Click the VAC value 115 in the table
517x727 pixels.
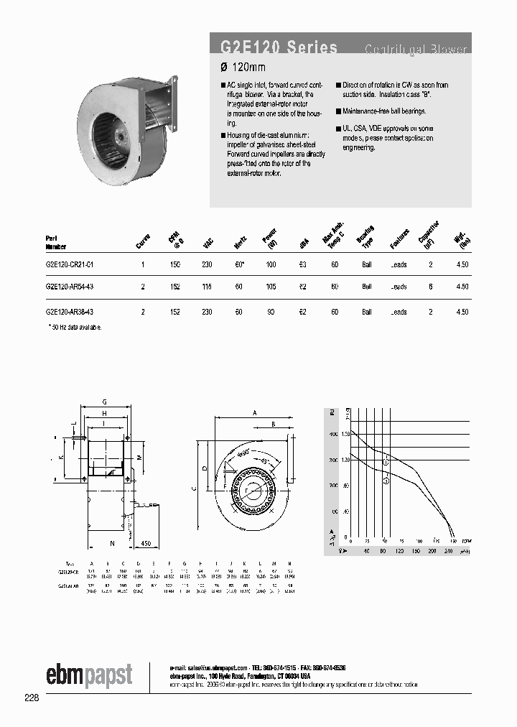pyautogui.click(x=208, y=287)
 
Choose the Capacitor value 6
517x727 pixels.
pyautogui.click(x=431, y=287)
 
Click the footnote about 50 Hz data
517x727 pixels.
pyautogui.click(x=74, y=328)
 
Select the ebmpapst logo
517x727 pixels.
pyautogui.click(x=89, y=675)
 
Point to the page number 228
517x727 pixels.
pyautogui.click(x=32, y=698)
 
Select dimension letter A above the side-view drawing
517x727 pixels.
pyautogui.click(x=255, y=414)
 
